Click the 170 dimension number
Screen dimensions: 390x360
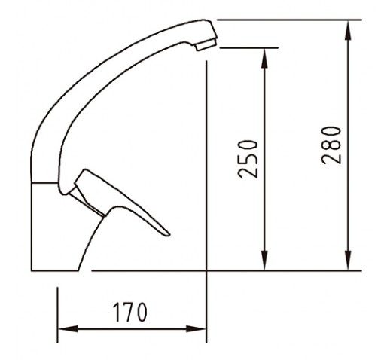(x=129, y=312)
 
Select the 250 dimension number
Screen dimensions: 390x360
(x=248, y=159)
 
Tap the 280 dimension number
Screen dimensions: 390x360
(x=331, y=145)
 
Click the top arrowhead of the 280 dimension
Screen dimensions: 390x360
(x=348, y=29)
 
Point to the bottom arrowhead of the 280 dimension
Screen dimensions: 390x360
(x=348, y=261)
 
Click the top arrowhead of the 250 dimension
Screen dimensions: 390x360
(x=264, y=58)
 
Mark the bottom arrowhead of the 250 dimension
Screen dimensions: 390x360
(x=264, y=261)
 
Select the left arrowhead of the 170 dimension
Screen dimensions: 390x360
(x=68, y=328)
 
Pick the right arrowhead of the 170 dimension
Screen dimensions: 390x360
(x=196, y=328)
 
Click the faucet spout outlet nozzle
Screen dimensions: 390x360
(x=206, y=44)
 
